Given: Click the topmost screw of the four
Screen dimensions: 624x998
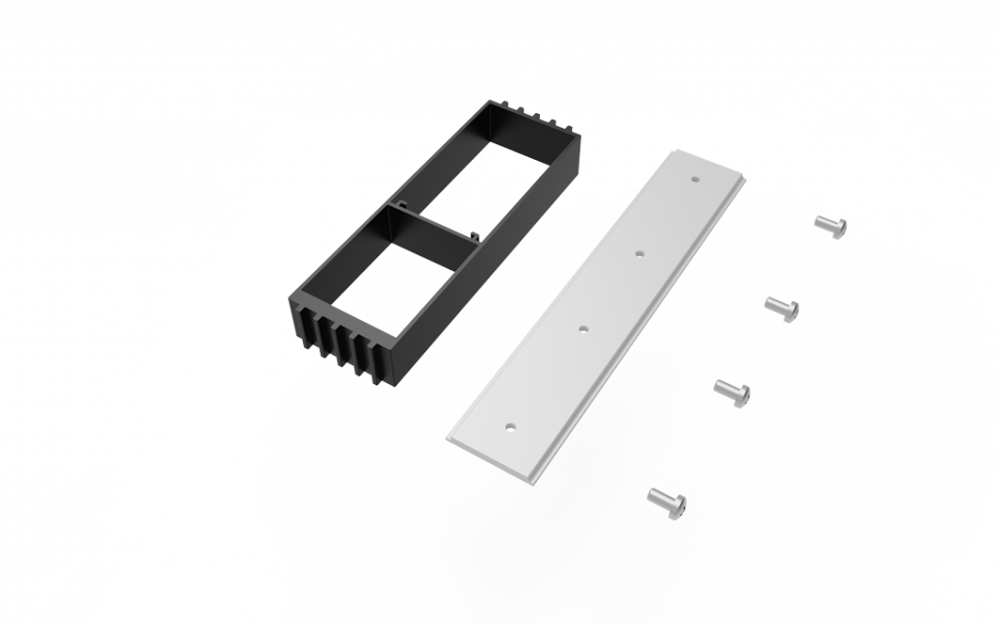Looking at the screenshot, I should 830,225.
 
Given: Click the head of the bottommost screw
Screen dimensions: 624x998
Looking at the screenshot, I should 678,505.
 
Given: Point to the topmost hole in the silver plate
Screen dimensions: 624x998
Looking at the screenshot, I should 694,179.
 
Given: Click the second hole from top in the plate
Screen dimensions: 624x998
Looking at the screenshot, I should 640,253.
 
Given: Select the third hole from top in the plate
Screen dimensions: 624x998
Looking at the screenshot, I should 583,330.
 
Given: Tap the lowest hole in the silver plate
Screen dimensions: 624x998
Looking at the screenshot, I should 509,425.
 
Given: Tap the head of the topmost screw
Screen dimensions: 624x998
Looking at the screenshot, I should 839,228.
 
